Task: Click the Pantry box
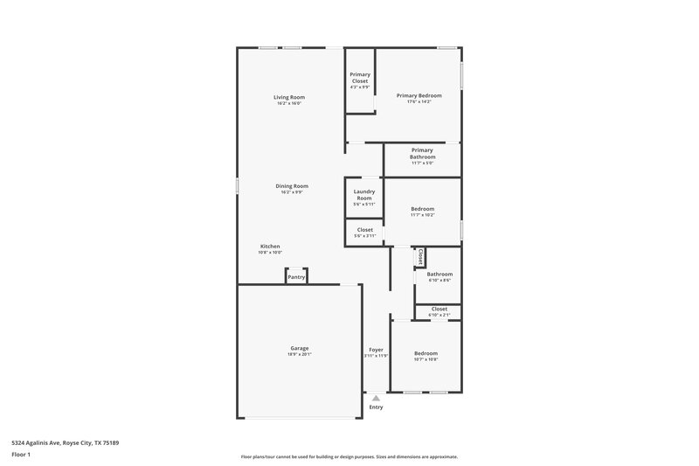coord(296,276)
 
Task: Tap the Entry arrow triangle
coord(376,397)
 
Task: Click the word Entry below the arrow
coord(376,407)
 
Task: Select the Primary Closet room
coord(359,80)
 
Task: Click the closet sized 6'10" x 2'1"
coord(439,310)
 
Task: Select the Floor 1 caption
coord(21,456)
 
